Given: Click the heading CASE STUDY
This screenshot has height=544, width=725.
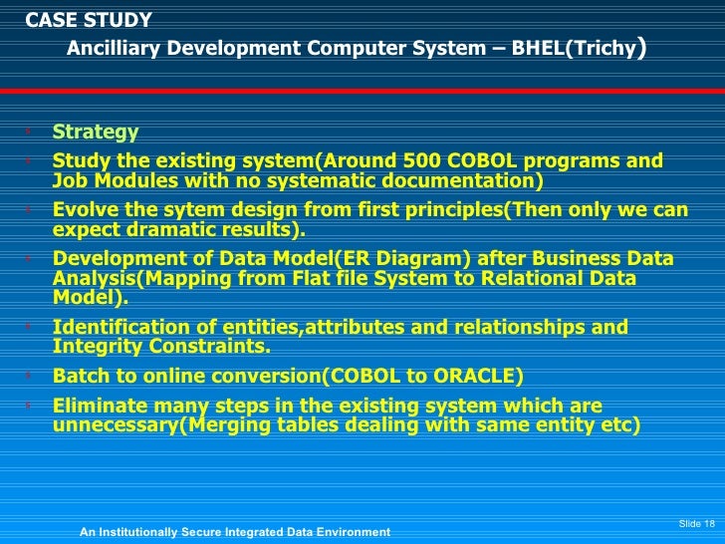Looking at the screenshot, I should click(x=88, y=20).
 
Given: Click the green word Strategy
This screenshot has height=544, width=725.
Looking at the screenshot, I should click(x=95, y=133).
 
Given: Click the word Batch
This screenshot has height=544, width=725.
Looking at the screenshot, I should click(x=80, y=376).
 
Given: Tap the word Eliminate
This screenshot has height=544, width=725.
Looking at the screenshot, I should click(x=100, y=406).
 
